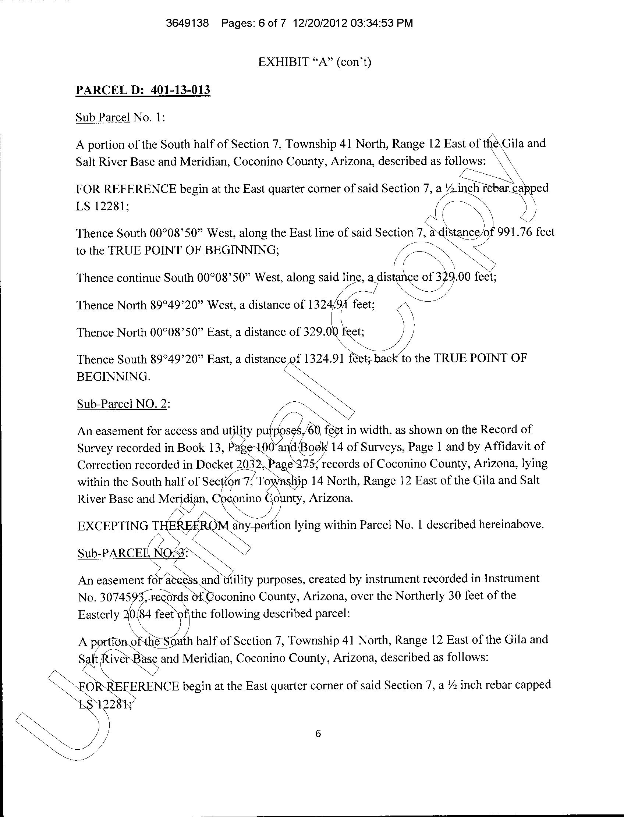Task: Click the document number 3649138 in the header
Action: pyautogui.click(x=187, y=24)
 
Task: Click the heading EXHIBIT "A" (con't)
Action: pyautogui.click(x=315, y=62)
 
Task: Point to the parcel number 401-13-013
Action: pyautogui.click(x=181, y=90)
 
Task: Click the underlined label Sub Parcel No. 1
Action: pyautogui.click(x=120, y=118)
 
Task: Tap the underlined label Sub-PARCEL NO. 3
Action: pyautogui.click(x=132, y=553)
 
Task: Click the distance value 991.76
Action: pyautogui.click(x=514, y=232)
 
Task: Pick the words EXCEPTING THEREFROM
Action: pyautogui.click(x=153, y=526)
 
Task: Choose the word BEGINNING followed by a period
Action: pyautogui.click(x=113, y=377)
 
